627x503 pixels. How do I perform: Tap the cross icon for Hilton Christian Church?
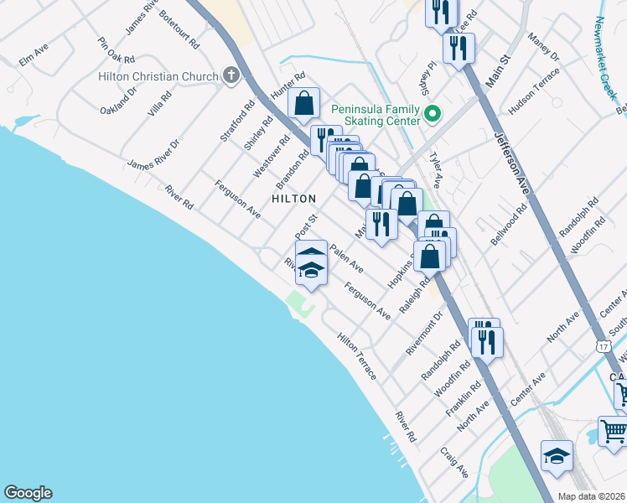pyautogui.click(x=231, y=76)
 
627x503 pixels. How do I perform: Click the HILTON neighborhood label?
pyautogui.click(x=293, y=199)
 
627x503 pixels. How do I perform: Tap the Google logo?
pyautogui.click(x=28, y=493)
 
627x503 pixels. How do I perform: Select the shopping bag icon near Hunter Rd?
pyautogui.click(x=304, y=104)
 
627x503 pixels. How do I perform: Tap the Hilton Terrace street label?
pyautogui.click(x=356, y=356)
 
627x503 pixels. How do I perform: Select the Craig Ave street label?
pyautogui.click(x=453, y=462)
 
